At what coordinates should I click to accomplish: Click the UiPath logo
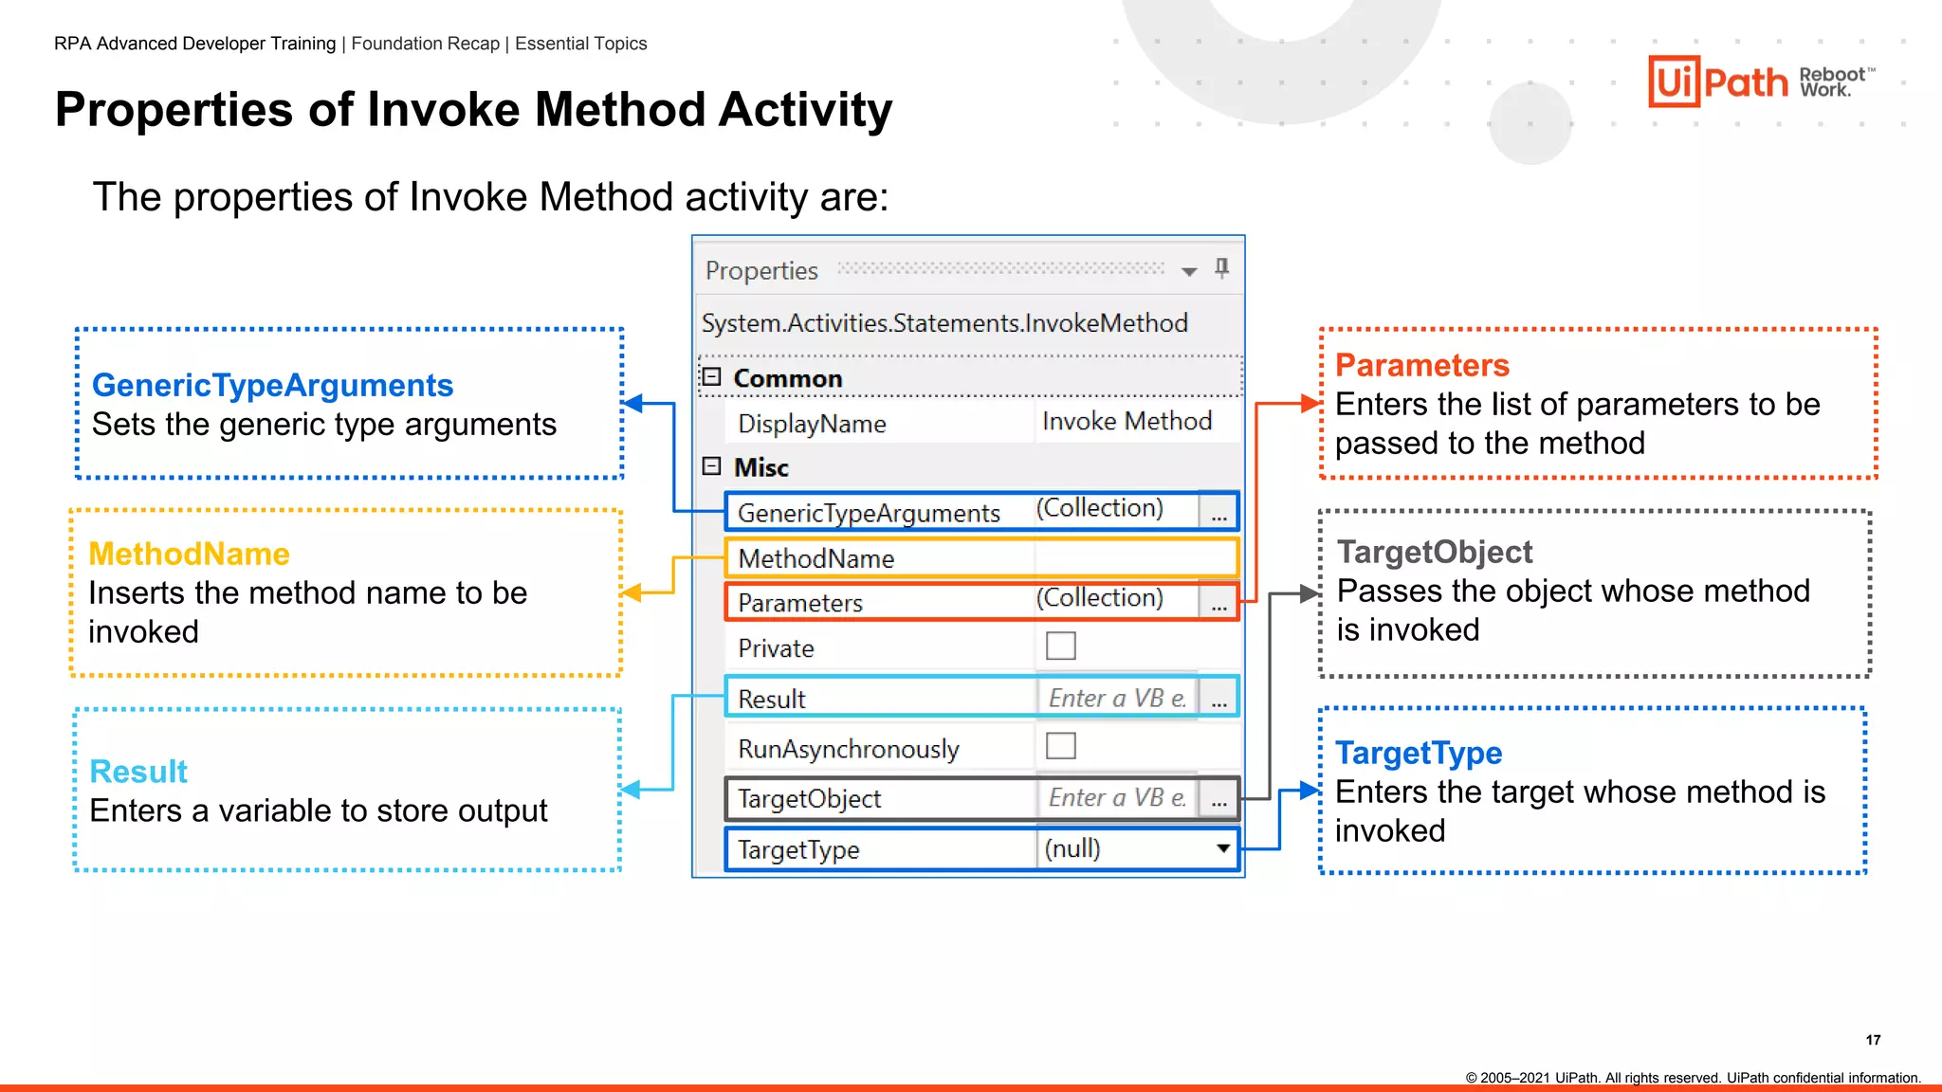point(1718,82)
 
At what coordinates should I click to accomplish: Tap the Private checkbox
point(1060,646)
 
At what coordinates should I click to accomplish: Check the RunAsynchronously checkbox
point(1060,746)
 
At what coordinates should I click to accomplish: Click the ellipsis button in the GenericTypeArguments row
point(1218,513)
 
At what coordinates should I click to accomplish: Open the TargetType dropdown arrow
point(1223,848)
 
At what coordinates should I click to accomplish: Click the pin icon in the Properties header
point(1222,269)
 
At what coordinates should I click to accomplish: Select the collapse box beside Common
point(712,377)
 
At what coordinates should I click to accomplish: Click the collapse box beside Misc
point(712,466)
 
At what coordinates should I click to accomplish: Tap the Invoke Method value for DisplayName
point(1127,422)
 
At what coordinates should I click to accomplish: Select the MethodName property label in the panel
point(815,558)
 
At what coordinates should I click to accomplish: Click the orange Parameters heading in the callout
point(1421,365)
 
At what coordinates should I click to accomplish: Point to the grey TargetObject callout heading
point(1434,552)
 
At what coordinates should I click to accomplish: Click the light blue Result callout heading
point(138,772)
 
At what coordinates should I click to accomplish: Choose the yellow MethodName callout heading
point(189,554)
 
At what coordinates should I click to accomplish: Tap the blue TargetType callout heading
point(1419,753)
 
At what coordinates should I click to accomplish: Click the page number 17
point(1873,1040)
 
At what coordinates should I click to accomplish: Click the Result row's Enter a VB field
point(1116,699)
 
